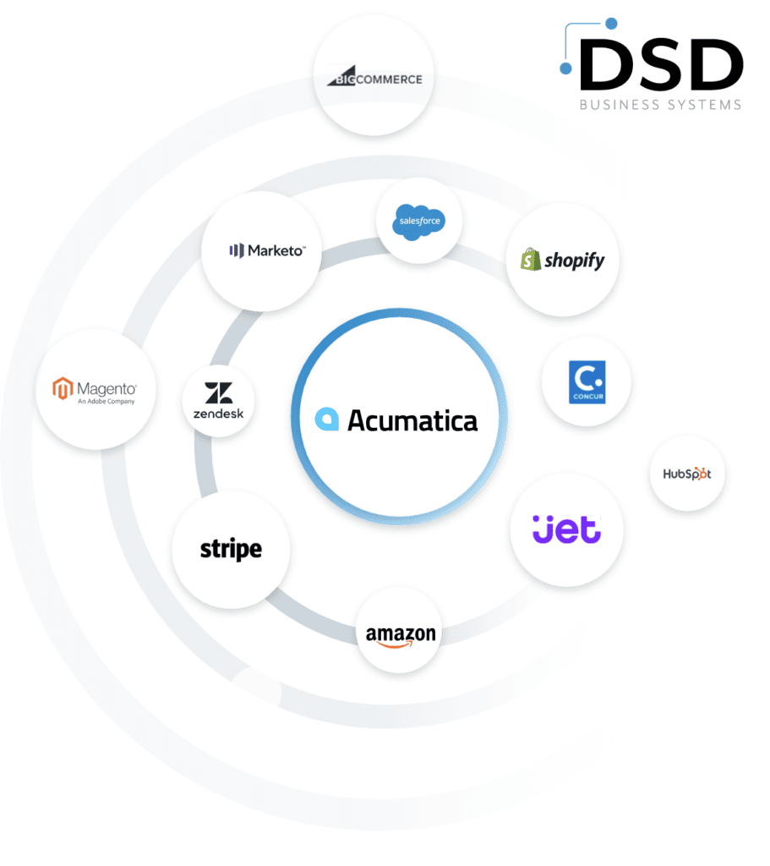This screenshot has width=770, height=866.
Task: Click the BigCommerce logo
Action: [374, 79]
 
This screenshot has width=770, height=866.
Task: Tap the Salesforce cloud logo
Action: [418, 222]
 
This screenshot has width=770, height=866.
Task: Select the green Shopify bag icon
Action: [531, 259]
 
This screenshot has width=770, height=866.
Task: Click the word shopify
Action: [575, 260]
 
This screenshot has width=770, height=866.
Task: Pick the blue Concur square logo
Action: [587, 382]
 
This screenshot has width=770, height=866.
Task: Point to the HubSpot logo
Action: [687, 474]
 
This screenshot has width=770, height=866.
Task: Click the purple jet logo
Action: [567, 529]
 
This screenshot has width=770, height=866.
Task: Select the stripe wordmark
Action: [231, 550]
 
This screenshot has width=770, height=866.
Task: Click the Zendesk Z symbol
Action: [218, 393]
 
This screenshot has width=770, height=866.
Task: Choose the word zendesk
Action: [218, 414]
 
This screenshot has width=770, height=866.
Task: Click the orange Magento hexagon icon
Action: [62, 389]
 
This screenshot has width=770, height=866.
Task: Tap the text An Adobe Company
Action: [106, 402]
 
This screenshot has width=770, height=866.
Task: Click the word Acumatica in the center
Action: [412, 419]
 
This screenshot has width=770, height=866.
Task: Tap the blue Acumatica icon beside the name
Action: [326, 419]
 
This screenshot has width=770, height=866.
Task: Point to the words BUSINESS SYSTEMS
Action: [660, 105]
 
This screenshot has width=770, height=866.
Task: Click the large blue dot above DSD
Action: [611, 24]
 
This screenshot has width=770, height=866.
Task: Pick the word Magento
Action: [106, 389]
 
